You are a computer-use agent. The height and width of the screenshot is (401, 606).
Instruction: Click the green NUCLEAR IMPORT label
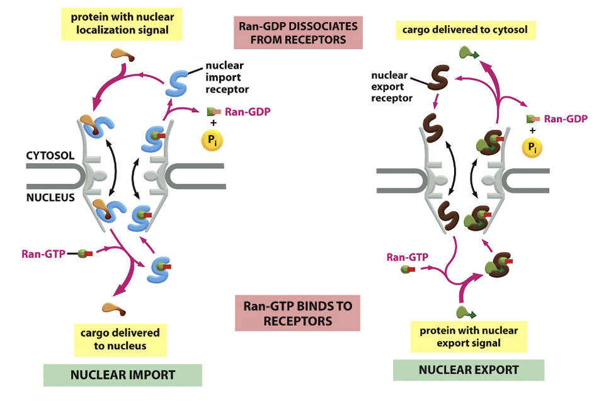point(122,375)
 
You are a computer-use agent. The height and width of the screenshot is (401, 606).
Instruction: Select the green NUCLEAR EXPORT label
point(468,369)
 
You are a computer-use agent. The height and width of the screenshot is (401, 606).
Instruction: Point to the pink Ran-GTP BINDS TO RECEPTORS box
point(297,313)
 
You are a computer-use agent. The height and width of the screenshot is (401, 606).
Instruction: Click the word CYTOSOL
point(50,155)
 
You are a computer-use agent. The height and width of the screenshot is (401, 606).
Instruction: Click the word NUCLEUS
point(50,197)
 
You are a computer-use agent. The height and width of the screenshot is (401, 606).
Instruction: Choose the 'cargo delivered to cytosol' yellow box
point(466,29)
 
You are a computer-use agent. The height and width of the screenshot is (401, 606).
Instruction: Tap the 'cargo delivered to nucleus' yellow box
point(120,339)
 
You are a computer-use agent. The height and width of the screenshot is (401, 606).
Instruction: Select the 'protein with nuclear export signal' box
point(468,337)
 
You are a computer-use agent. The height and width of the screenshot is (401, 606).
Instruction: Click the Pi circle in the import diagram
point(211,140)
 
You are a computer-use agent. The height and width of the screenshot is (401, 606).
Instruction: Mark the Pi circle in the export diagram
point(533,148)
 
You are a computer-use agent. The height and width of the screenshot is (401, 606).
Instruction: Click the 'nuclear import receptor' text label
point(224,77)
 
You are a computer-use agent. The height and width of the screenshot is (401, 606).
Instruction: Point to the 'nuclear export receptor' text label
point(391,86)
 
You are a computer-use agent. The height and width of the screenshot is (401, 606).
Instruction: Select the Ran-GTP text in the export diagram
point(407,257)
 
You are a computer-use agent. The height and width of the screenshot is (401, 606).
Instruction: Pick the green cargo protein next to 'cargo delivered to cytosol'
point(468,54)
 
